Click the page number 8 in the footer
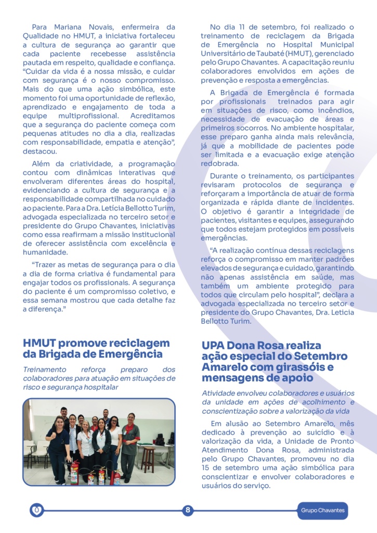[x=188, y=510]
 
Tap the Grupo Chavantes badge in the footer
[x=322, y=511]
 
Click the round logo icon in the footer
[x=36, y=510]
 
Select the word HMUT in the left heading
[x=40, y=343]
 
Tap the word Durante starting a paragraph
[x=225, y=176]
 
